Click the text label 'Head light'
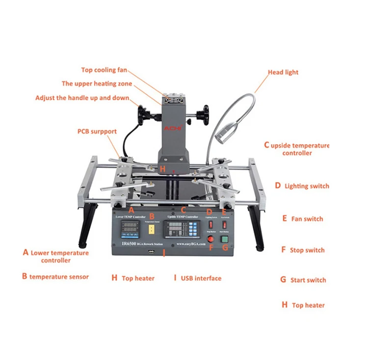[x=283, y=72]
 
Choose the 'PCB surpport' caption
[x=97, y=132]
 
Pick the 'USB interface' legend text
[x=201, y=278]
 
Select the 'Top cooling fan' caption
[x=105, y=70]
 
